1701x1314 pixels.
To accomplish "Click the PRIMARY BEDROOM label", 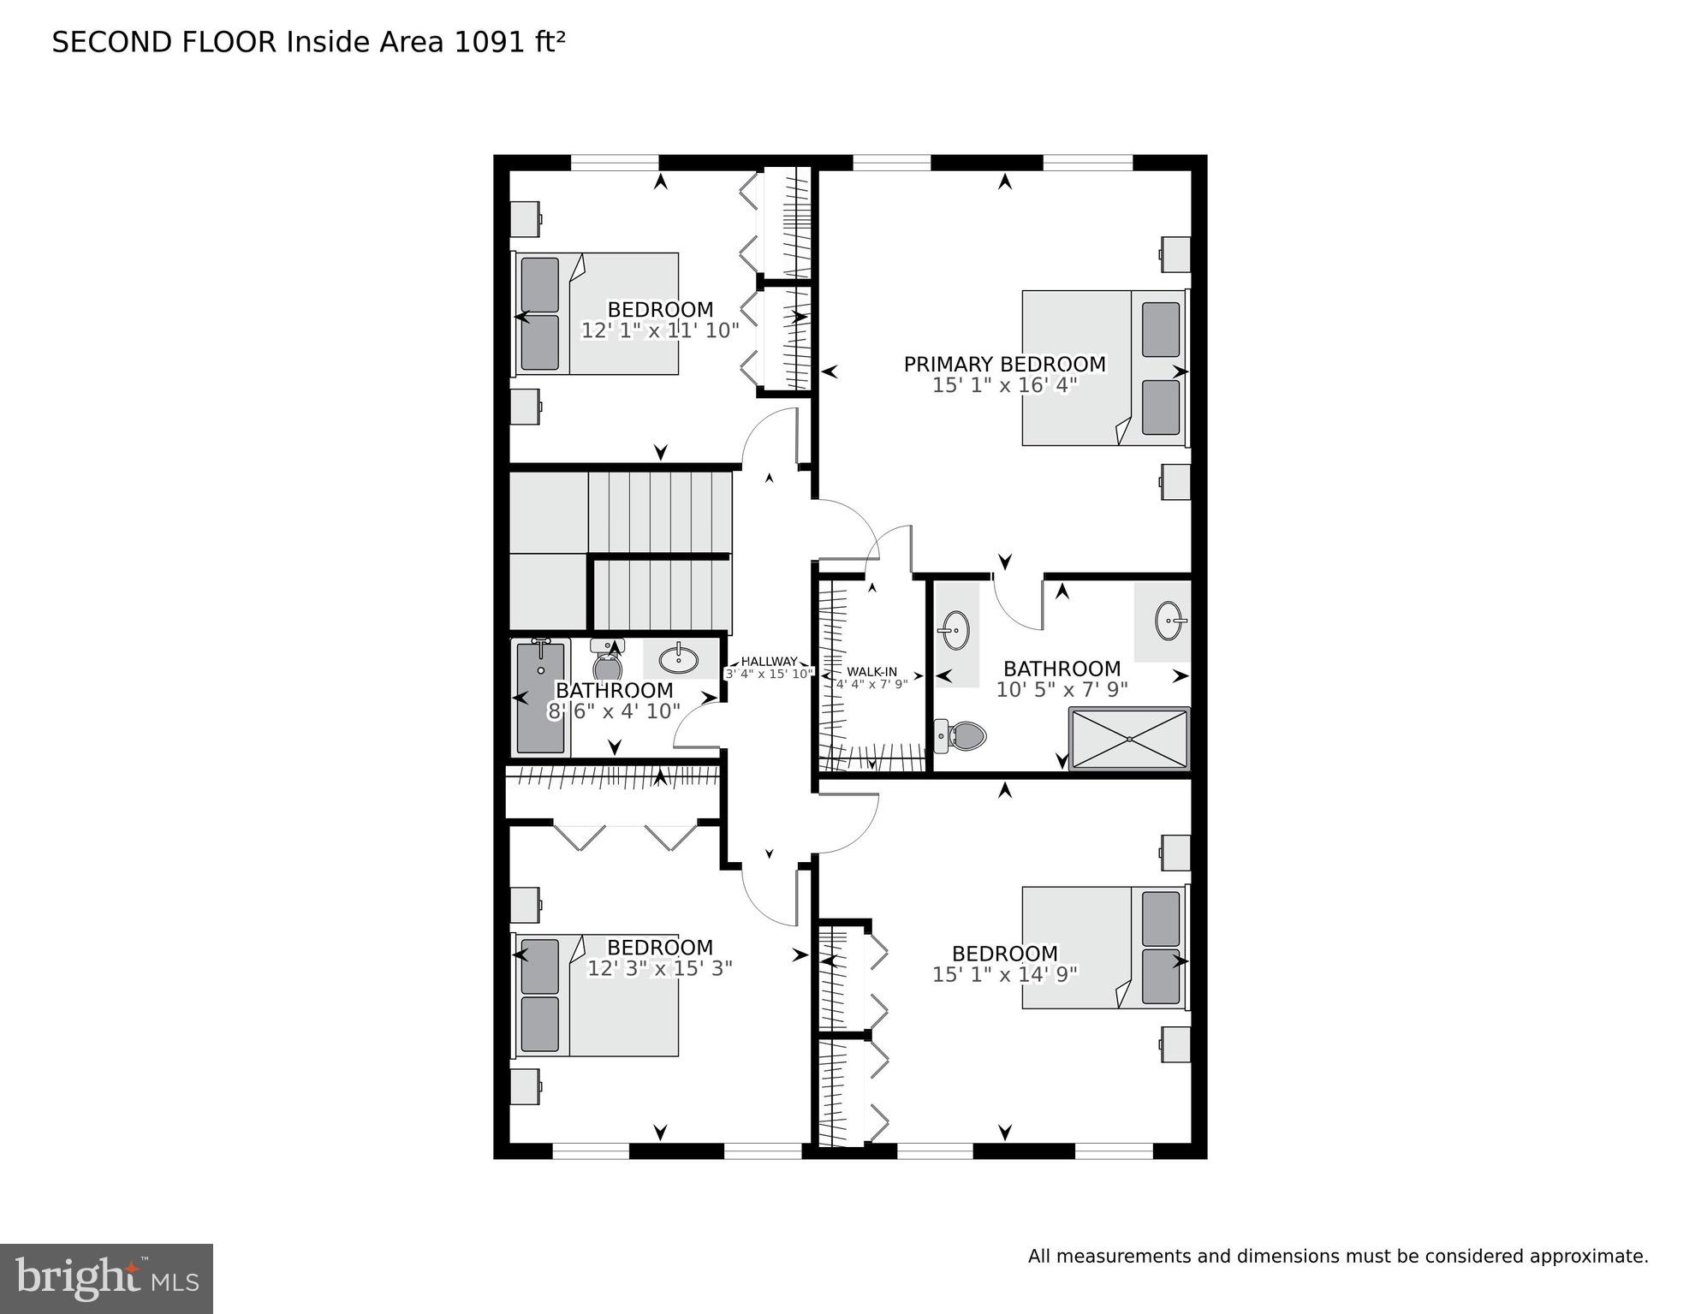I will point(1004,365).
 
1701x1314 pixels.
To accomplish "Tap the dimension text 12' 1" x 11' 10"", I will point(659,330).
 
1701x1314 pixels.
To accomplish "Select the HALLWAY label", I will point(768,661).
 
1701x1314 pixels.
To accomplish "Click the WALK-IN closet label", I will point(871,672).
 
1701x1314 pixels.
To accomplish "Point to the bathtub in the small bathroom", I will point(540,698).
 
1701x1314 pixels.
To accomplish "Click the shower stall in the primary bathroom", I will point(1129,738).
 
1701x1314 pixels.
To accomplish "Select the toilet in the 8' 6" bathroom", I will point(608,663).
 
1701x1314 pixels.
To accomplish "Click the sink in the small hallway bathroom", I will point(678,659).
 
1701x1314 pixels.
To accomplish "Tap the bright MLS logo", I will point(106,1279).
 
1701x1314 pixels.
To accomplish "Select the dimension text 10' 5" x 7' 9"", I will point(1062,689).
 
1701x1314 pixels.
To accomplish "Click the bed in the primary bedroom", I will point(1104,368).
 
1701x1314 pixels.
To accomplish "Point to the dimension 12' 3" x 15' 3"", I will point(659,968).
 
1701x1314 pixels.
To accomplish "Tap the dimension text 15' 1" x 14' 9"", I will point(1004,974).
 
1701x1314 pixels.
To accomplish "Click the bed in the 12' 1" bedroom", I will point(597,313).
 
